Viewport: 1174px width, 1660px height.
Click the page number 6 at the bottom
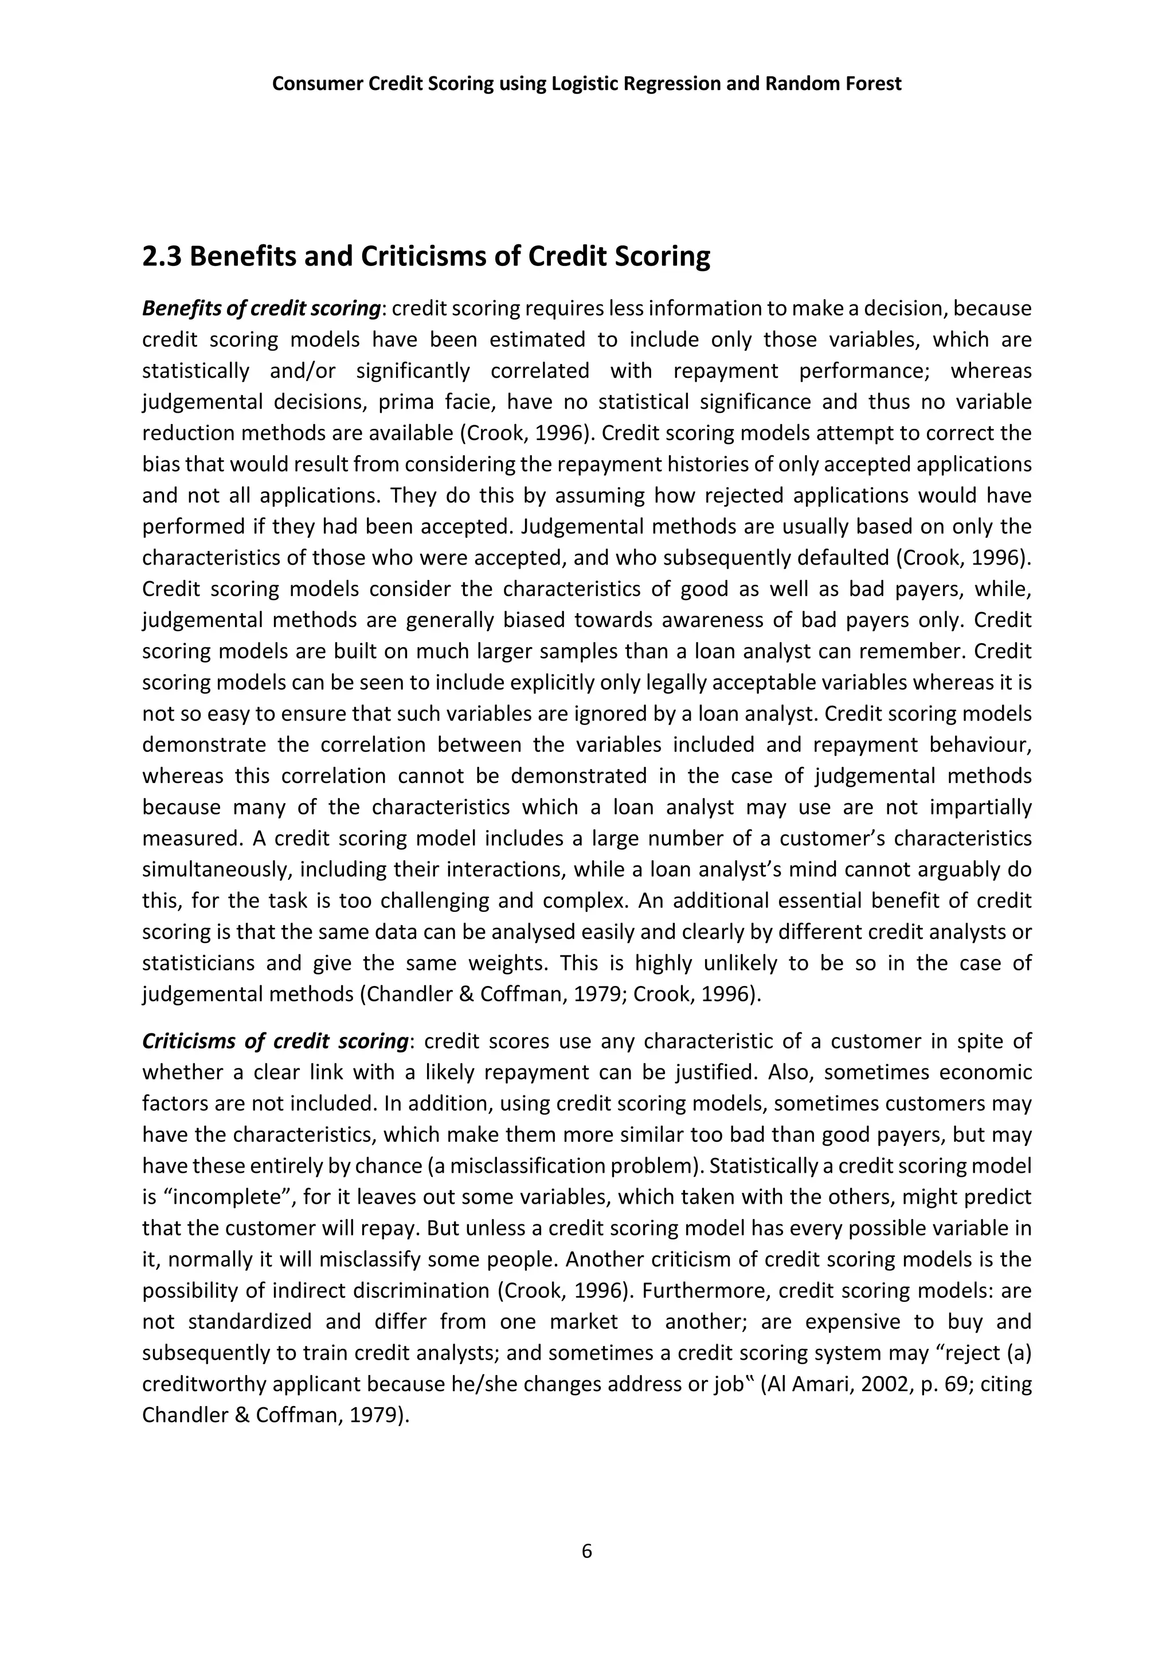[x=586, y=1551]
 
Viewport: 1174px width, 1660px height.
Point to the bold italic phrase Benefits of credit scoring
[x=261, y=309]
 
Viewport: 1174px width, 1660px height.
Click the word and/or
[x=302, y=371]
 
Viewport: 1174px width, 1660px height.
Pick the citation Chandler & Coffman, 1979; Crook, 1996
[x=561, y=995]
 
